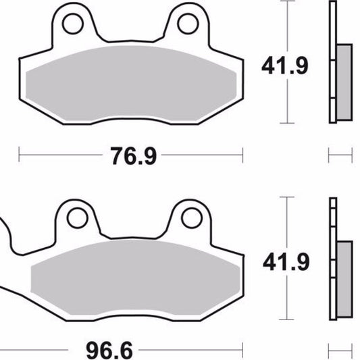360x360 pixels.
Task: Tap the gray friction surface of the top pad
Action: [x=128, y=84]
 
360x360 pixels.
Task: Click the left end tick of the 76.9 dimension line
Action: [x=19, y=156]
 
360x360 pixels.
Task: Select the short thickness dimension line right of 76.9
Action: [x=340, y=156]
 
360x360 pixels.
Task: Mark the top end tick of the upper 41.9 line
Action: [x=288, y=2]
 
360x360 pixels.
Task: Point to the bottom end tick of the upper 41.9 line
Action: [x=288, y=124]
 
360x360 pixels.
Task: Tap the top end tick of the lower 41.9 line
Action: [x=288, y=197]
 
